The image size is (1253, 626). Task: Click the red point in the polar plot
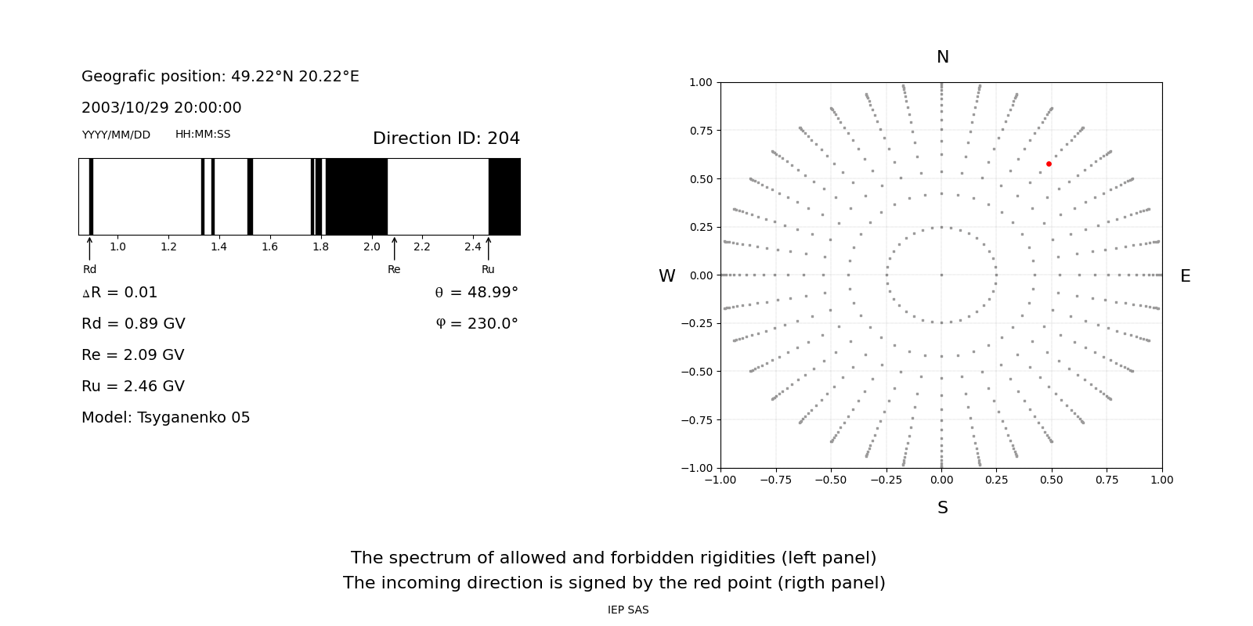pos(1049,164)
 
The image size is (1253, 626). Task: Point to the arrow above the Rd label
pos(89,249)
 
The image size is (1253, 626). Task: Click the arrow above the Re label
pos(395,249)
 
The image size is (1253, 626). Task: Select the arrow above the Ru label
pos(489,249)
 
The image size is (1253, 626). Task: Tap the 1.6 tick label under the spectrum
pos(269,247)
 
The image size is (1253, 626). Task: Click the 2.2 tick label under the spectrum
pos(422,247)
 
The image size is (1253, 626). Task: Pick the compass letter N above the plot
pos(943,57)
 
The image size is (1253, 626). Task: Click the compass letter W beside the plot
pos(666,276)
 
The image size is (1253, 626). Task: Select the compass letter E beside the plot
pos(1185,276)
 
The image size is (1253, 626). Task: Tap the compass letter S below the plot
pos(943,508)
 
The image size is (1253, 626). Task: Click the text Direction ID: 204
pos(446,138)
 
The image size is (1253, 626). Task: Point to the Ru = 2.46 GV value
pos(133,387)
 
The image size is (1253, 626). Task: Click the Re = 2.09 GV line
pos(133,355)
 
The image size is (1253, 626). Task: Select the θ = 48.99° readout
pos(477,293)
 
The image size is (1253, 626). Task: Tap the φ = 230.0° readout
pos(477,324)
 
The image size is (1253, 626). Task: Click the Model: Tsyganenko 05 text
pos(165,418)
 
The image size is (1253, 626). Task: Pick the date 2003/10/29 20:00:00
pos(161,107)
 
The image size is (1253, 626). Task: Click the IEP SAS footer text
pos(628,610)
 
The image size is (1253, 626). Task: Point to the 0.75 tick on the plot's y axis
pos(701,131)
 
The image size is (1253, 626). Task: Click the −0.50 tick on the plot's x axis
pos(831,480)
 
